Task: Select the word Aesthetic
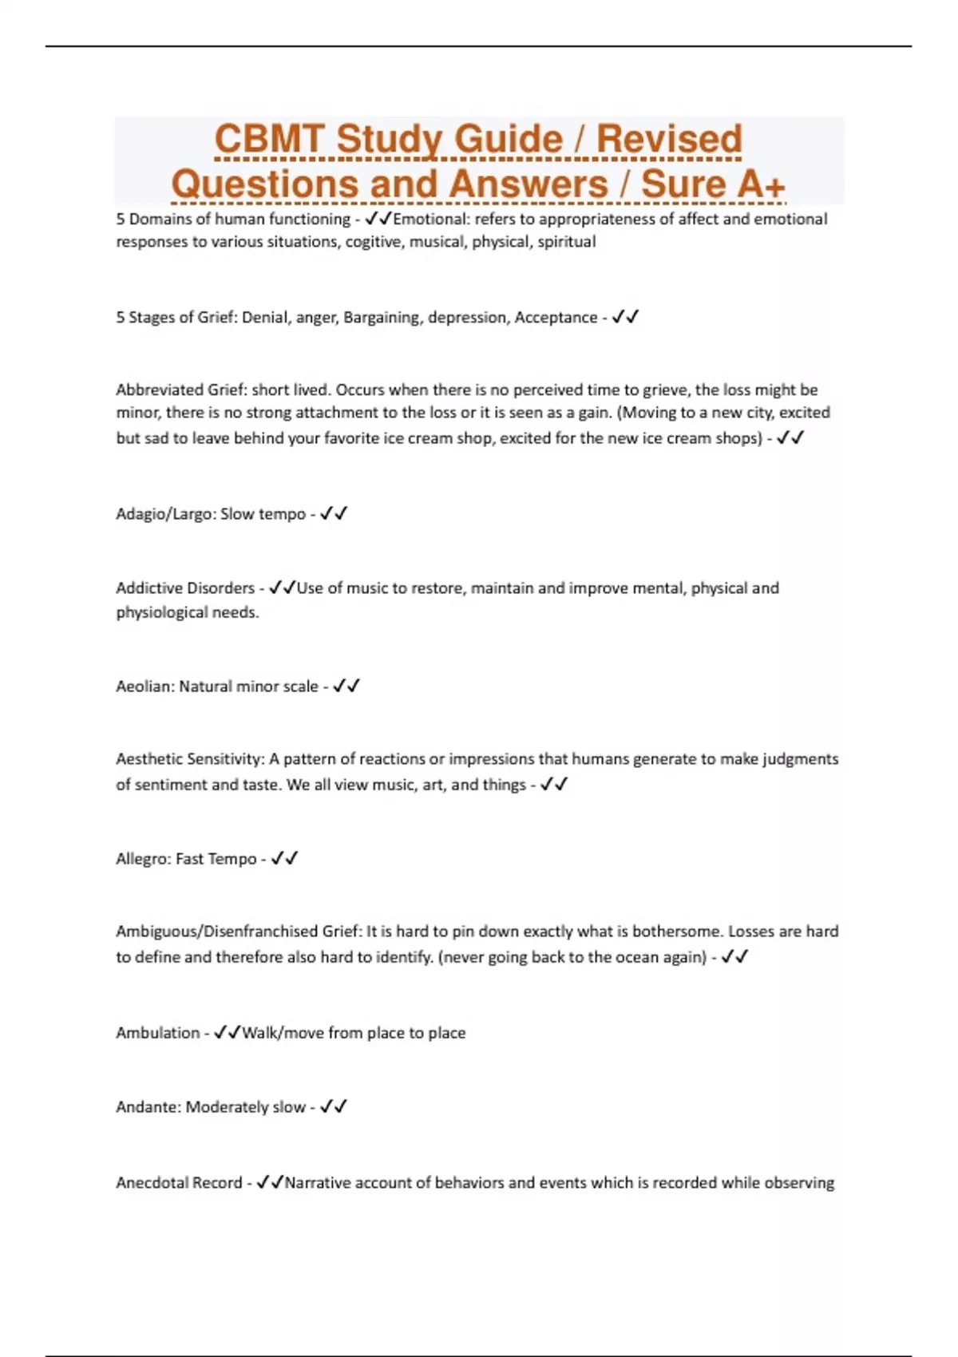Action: [149, 759]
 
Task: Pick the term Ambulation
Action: [157, 1033]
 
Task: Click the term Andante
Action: [148, 1107]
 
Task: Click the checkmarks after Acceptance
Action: [625, 317]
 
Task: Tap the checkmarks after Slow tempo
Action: [334, 514]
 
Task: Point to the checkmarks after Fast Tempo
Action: [284, 859]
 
